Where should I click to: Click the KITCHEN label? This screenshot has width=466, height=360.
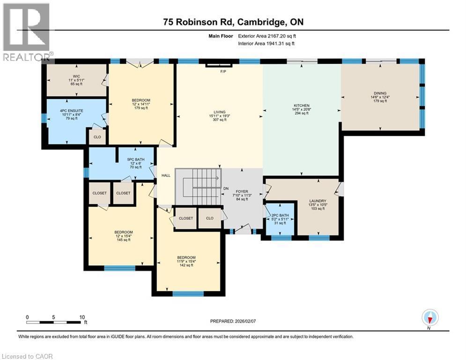[302, 105]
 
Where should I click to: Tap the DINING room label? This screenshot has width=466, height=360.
[380, 93]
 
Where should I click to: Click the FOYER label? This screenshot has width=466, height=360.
[242, 191]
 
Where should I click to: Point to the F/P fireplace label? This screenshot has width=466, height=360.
[222, 71]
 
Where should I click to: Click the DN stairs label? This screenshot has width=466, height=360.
[225, 188]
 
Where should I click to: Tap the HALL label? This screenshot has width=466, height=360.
[166, 175]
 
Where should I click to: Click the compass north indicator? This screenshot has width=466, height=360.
[429, 318]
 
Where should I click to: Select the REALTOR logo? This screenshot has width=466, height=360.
[27, 32]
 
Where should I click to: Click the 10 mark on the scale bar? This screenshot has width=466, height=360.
[82, 317]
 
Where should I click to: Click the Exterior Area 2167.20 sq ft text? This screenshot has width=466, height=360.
[267, 36]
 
